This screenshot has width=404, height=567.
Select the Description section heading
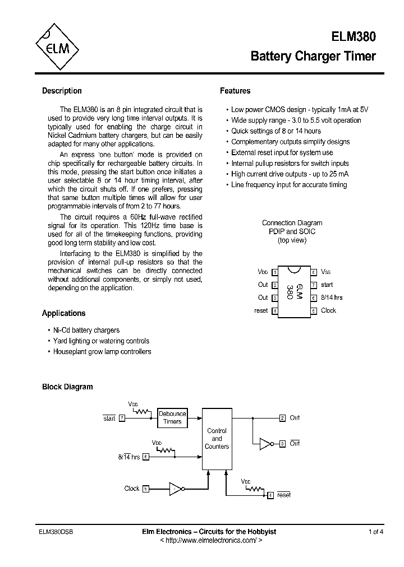(62, 91)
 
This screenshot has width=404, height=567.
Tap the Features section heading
(235, 91)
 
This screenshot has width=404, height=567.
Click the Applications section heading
(63, 313)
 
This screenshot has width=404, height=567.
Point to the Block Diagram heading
(67, 387)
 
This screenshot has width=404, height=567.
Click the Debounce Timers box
(172, 418)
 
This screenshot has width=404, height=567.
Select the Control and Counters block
(217, 439)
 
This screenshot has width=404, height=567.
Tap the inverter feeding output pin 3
(265, 444)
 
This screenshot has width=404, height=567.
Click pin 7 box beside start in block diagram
(122, 419)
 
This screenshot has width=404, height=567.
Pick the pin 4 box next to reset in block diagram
(270, 495)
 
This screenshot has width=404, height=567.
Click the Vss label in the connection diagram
(326, 272)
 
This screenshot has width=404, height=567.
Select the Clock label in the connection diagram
(328, 310)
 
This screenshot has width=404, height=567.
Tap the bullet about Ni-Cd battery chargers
(86, 330)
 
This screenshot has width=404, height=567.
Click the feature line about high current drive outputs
(290, 174)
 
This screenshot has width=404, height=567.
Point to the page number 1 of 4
(376, 532)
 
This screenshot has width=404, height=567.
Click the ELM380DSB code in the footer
(55, 532)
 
